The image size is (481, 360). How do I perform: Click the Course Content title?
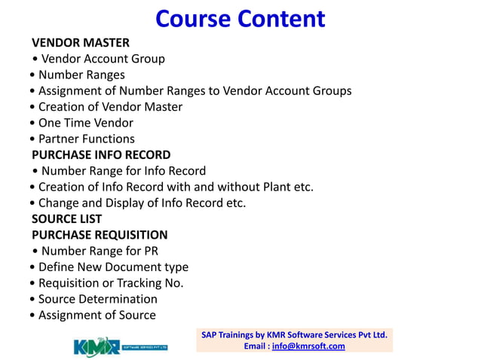coord(240,18)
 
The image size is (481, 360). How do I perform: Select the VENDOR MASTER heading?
coord(81,42)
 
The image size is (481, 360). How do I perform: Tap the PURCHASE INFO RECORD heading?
coord(101,155)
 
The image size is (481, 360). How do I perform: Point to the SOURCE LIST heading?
coord(66,219)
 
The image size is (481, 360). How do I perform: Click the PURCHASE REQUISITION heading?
coord(100,235)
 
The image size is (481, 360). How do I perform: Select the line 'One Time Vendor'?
coord(85,123)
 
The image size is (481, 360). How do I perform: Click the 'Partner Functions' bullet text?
coord(86,139)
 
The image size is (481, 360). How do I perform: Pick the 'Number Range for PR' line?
coord(100,251)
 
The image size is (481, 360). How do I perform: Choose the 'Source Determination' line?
coord(98,299)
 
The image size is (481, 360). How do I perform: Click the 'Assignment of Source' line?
coord(97,316)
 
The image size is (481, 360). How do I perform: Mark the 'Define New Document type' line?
coord(113,267)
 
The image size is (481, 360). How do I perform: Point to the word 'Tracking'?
coord(141,283)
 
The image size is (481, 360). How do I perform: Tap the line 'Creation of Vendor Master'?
coord(110,107)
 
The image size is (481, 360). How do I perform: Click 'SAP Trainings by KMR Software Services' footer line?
coord(294,334)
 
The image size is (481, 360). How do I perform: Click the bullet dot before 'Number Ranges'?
coord(32,75)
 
